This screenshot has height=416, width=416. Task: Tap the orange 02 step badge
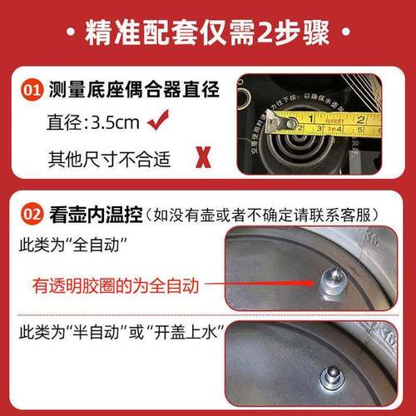point(32,213)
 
